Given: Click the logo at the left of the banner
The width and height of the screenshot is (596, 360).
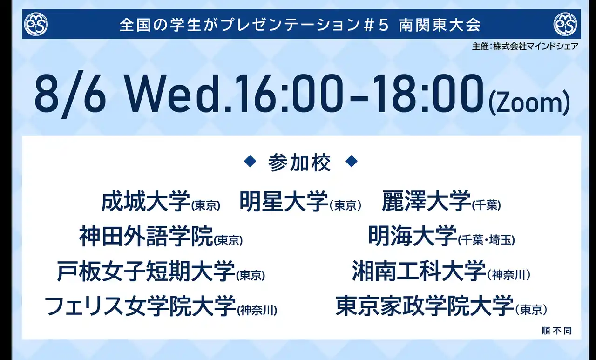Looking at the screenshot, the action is (36, 24).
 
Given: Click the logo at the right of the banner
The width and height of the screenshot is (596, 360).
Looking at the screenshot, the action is (565, 24).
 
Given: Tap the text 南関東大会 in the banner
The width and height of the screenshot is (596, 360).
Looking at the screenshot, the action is (440, 25).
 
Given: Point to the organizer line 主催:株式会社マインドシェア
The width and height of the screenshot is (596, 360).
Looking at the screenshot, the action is (525, 47).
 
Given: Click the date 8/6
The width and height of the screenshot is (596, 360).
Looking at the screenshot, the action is (70, 95).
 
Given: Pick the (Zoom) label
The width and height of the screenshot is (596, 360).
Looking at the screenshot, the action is (529, 103).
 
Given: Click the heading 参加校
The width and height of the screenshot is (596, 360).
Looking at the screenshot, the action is (299, 163).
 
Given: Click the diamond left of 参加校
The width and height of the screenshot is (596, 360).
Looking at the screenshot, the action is (250, 161).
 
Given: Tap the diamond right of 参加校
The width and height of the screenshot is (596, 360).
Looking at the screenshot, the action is (351, 161).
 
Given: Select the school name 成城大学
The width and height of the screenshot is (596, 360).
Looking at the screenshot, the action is (146, 201).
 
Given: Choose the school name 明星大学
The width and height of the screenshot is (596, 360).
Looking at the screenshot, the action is (284, 201).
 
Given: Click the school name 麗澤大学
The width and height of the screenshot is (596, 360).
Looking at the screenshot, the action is (426, 201).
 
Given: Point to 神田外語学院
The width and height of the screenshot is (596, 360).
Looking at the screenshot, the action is (146, 236).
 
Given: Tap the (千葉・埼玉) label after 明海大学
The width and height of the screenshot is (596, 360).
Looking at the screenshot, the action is (487, 240).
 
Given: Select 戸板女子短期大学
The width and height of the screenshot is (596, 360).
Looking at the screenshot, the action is (146, 271).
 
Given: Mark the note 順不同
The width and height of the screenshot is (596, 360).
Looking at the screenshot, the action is (557, 331).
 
